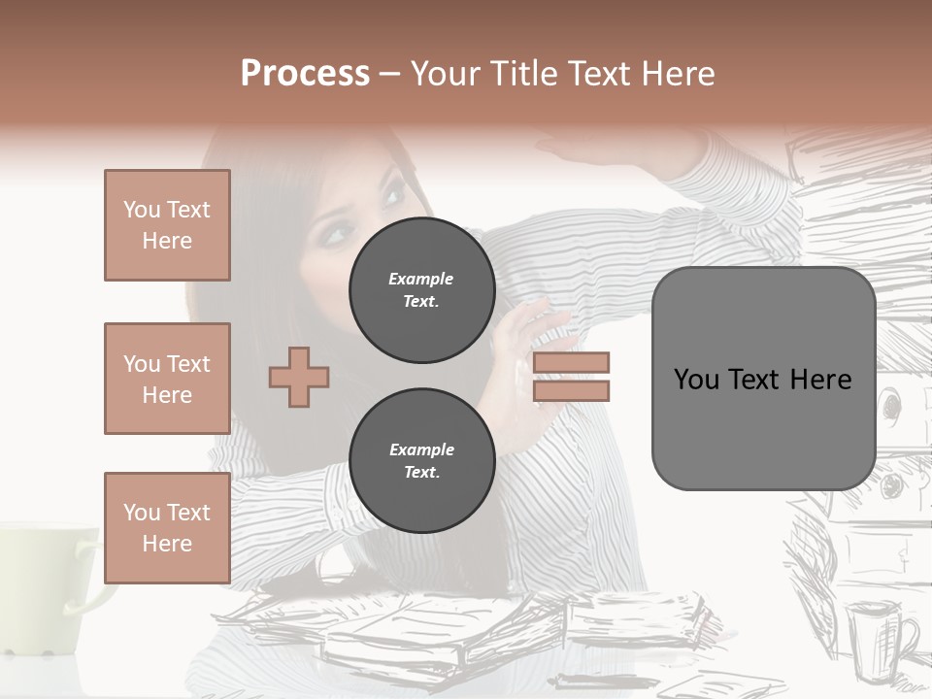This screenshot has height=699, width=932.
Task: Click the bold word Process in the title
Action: coord(305,73)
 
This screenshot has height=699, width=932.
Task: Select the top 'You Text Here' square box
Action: coord(167,225)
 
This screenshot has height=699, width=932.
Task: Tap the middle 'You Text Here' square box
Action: coord(167,379)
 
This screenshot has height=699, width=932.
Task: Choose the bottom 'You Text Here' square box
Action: coord(167,527)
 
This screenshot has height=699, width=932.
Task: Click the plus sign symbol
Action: coord(299,377)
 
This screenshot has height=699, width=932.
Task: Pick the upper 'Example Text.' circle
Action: coord(421,290)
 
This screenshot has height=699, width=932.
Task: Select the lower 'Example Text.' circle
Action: coord(421,461)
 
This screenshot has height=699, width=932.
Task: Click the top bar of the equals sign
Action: coord(571,362)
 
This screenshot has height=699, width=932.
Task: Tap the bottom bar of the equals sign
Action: coord(571,390)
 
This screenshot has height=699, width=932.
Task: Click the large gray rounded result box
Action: coord(763,379)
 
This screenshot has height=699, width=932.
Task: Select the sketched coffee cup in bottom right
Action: coord(879,636)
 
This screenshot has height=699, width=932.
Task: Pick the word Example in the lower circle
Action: coord(421,449)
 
